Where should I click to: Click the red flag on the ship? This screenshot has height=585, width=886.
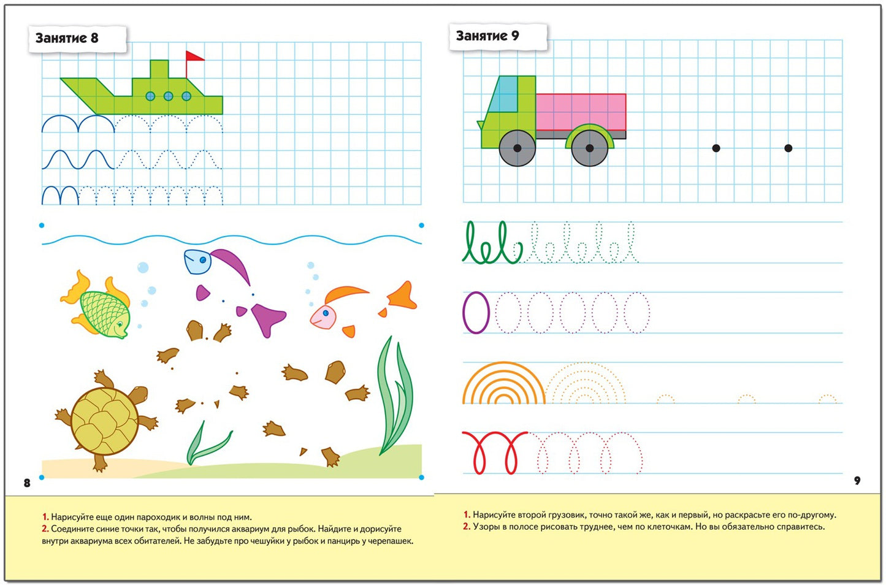[x=194, y=56]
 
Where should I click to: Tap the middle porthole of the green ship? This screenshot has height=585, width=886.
[x=168, y=96]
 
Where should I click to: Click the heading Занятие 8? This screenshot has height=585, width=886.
[x=67, y=38]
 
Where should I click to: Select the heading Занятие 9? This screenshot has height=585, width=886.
[x=487, y=36]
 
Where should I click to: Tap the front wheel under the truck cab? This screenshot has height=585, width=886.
[x=517, y=148]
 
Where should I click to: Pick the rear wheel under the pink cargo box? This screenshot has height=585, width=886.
[x=589, y=148]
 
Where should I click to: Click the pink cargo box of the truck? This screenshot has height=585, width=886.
[x=581, y=112]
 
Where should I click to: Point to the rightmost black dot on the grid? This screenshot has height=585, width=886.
[x=788, y=148]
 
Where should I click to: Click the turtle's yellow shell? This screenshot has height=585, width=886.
[x=105, y=420]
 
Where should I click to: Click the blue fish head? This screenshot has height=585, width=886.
[x=197, y=261]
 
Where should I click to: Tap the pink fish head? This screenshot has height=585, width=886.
[x=323, y=317]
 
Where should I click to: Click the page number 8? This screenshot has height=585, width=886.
[x=27, y=483]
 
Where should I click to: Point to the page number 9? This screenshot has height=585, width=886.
[x=857, y=481]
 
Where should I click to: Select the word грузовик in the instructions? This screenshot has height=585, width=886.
[x=567, y=515]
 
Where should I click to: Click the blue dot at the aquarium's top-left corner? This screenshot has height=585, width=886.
[x=42, y=226]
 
